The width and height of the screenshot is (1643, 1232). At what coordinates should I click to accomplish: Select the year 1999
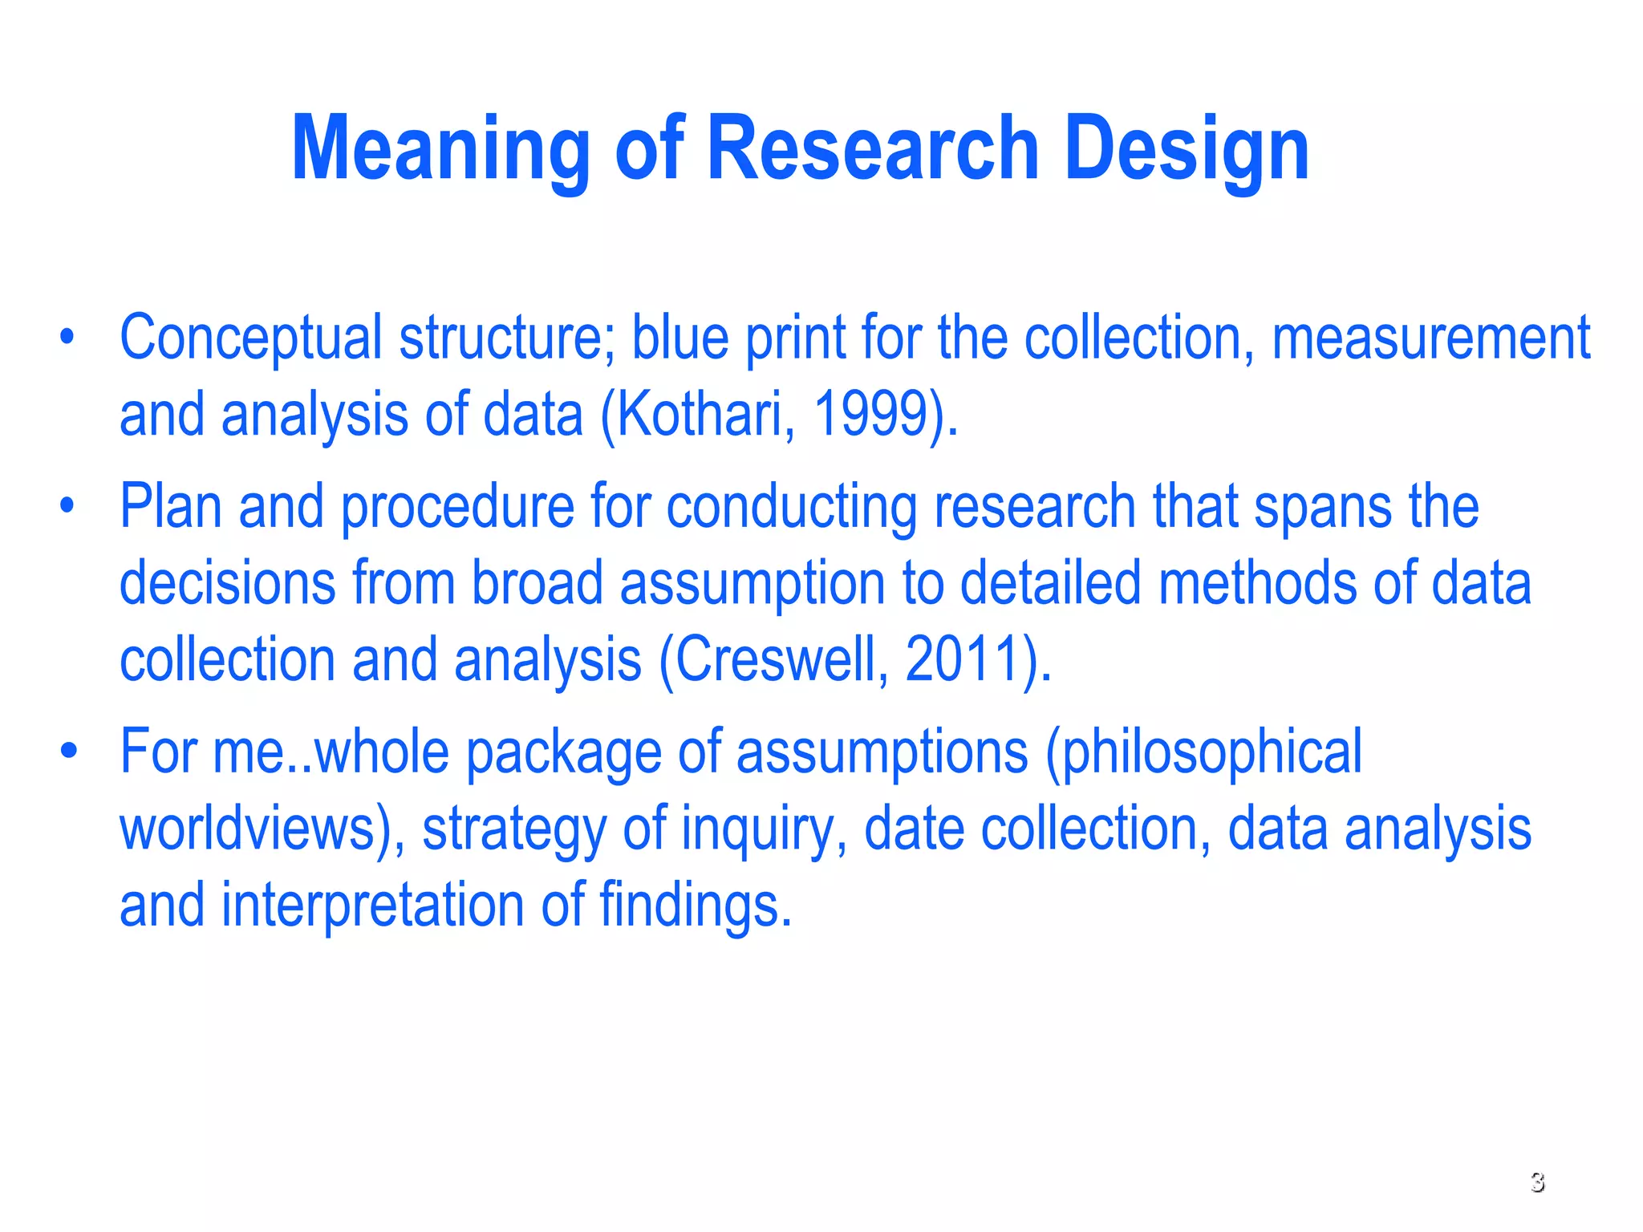coord(870,415)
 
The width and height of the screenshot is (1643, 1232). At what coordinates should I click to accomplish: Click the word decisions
coord(227,583)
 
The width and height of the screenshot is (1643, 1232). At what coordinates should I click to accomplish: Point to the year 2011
coord(961,660)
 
